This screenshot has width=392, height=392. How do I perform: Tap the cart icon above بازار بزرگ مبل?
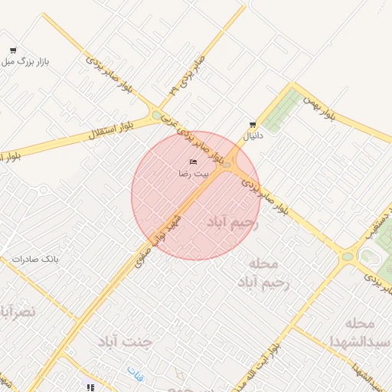point(13,51)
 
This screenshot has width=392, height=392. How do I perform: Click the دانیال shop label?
point(252,136)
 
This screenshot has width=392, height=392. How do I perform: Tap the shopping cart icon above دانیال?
point(252,125)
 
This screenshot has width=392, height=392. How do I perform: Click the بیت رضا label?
point(193,174)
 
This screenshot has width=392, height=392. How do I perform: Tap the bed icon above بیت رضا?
point(193,162)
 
